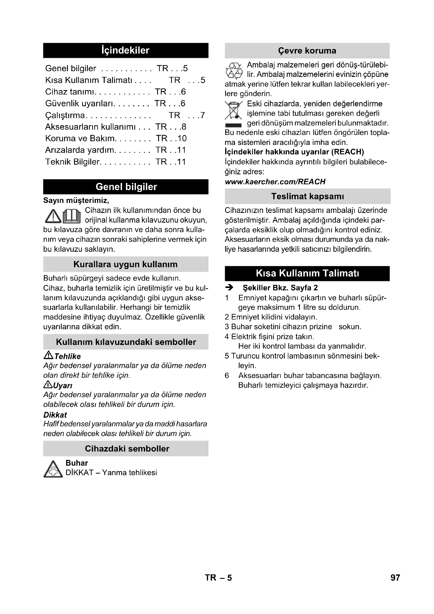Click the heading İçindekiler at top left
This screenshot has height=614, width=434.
tap(125, 50)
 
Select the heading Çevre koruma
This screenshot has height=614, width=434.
tap(307, 51)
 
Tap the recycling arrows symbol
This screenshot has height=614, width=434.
tap(234, 71)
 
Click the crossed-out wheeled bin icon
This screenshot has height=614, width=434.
tap(234, 111)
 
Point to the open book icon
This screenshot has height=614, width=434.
tap(72, 216)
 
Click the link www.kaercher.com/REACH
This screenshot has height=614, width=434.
tap(275, 182)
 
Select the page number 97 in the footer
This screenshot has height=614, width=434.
tap(395, 578)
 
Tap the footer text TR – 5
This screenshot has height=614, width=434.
tap(218, 578)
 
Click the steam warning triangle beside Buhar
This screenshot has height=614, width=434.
tap(53, 469)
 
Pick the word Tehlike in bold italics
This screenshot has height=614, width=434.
tap(67, 356)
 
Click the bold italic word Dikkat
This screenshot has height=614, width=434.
tap(55, 415)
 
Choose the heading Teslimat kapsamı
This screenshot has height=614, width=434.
tap(307, 196)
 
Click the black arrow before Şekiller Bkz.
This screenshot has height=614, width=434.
tap(229, 288)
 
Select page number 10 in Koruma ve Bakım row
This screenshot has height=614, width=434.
tap(182, 138)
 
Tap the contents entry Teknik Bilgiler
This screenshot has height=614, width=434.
tap(72, 162)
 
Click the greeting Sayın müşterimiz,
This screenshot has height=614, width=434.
tap(76, 200)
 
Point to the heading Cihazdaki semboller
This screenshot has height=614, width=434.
tap(127, 448)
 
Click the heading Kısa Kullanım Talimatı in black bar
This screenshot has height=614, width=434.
tap(307, 273)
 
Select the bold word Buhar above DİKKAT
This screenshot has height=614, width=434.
tap(77, 463)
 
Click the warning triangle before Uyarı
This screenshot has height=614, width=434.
tap(47, 385)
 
